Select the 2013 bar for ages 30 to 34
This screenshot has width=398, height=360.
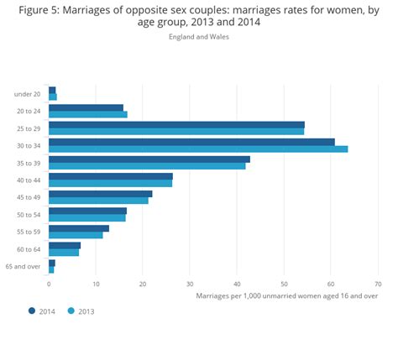click(198, 149)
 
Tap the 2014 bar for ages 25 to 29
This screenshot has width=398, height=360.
click(176, 124)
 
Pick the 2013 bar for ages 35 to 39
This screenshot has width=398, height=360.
click(147, 166)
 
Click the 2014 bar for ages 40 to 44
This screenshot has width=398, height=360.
click(111, 176)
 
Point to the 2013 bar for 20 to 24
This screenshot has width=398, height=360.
click(88, 114)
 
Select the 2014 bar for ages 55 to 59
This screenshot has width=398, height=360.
click(79, 228)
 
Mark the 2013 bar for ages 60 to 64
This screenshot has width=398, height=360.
click(64, 252)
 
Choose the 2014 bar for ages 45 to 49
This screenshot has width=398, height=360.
click(101, 193)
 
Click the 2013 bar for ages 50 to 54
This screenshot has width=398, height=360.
click(87, 217)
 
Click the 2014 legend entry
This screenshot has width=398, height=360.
click(43, 310)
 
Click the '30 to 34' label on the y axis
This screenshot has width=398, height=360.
click(29, 145)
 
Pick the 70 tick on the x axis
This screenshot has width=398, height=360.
click(378, 284)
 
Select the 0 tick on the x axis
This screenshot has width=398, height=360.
click(50, 284)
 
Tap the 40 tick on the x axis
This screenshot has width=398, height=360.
click(237, 284)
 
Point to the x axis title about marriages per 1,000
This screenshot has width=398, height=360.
click(286, 295)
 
